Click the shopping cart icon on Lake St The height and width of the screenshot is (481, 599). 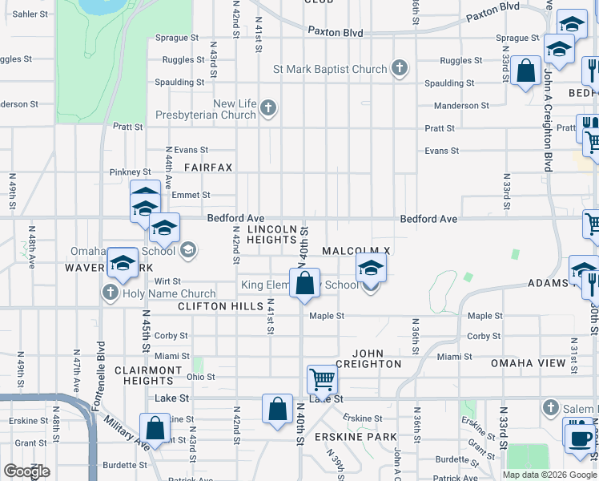(x=322, y=378)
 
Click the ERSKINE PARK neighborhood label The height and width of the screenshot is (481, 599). (x=356, y=437)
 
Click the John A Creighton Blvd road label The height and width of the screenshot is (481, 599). (x=548, y=120)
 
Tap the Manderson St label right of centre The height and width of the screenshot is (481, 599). (x=460, y=106)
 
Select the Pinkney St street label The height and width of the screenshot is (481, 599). (x=130, y=172)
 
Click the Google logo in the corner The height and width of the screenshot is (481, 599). (x=26, y=471)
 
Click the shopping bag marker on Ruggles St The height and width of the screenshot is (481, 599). (x=526, y=71)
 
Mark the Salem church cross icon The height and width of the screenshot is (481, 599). (x=549, y=408)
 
